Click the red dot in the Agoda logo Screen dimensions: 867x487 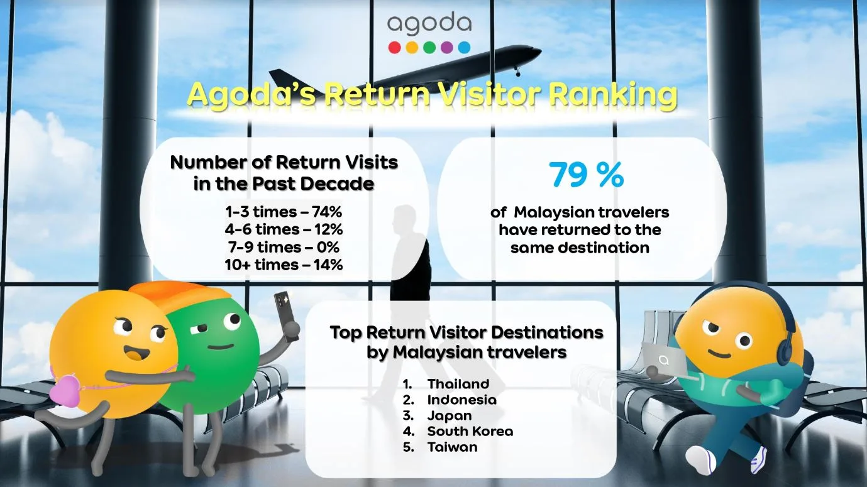click(394, 48)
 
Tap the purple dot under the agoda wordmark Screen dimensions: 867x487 click(446, 48)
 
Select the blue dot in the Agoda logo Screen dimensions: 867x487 click(464, 48)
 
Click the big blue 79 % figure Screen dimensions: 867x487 click(586, 175)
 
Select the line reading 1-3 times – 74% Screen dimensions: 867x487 click(284, 212)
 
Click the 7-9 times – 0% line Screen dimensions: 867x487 click(284, 247)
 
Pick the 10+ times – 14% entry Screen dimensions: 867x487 click(284, 265)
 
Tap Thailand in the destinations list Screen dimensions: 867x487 click(458, 384)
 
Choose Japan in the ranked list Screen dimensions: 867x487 click(450, 416)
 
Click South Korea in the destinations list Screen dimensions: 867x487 click(470, 431)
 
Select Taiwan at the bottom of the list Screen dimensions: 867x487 click(453, 447)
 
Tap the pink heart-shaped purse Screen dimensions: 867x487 click(69, 391)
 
